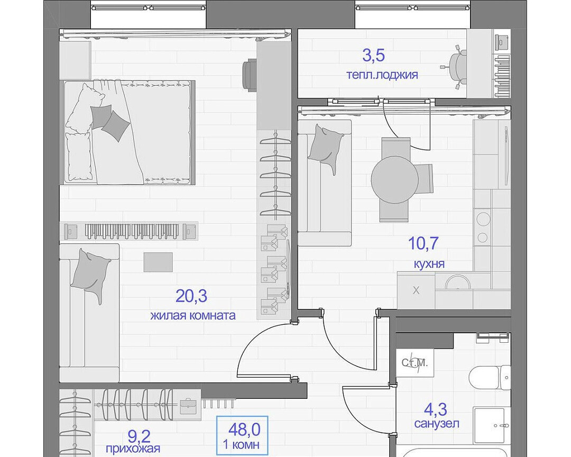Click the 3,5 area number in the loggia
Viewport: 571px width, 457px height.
373,56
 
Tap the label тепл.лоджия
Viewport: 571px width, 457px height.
382,75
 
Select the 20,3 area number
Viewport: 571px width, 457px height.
191,296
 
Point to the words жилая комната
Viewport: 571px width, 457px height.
193,315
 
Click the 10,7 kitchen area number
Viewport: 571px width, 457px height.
423,243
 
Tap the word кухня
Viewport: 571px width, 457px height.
429,263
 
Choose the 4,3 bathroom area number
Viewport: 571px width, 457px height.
436,409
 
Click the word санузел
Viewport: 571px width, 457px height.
437,424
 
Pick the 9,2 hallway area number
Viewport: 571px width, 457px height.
139,436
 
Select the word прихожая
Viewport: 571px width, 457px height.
133,448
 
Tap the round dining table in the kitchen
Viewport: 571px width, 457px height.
395,180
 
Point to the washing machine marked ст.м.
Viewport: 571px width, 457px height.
415,363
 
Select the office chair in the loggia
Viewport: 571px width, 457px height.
456,67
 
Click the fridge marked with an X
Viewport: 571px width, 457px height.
416,290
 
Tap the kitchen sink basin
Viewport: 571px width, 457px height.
458,282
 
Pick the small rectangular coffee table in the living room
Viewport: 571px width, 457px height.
158,262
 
